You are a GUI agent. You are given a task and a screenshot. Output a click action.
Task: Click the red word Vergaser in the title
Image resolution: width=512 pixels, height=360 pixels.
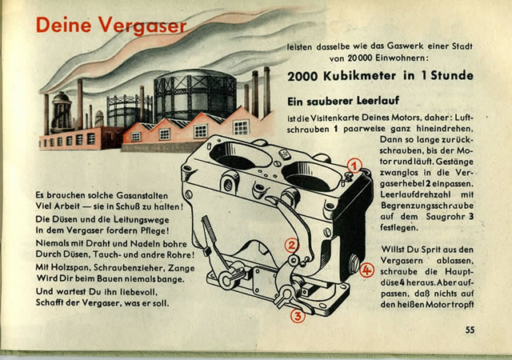pos(142,26)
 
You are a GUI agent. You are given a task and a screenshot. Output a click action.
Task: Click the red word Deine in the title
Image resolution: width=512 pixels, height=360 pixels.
pos(64,25)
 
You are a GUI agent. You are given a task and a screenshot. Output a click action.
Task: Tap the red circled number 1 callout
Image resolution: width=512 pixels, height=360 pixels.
pos(354,166)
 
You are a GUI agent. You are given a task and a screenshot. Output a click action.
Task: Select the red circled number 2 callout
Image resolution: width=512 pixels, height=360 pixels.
pos(292,246)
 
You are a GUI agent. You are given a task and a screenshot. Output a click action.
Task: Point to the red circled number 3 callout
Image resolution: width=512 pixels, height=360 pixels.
pos(298,316)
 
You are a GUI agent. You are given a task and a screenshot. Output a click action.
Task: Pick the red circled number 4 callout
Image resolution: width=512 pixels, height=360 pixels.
pos(366,270)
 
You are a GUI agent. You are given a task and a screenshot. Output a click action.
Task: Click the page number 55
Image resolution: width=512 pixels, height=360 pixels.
pos(470,330)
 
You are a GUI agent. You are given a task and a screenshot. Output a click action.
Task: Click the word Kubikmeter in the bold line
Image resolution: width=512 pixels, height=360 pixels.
pos(359,76)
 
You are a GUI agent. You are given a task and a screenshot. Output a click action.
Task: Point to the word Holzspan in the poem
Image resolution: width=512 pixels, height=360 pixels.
pos(74,267)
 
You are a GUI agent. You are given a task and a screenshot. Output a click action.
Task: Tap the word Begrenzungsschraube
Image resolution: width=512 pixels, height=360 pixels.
pos(426,206)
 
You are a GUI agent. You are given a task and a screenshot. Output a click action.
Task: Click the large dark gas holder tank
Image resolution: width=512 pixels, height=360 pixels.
pos(195,94)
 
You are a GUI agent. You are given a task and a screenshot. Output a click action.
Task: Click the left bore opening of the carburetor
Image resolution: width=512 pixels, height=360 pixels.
pos(240,155)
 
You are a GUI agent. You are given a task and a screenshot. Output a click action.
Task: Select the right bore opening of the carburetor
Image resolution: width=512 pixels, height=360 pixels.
pos(311,177)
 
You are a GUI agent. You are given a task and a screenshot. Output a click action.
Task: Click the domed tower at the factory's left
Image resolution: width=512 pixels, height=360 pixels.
pos(61,111)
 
